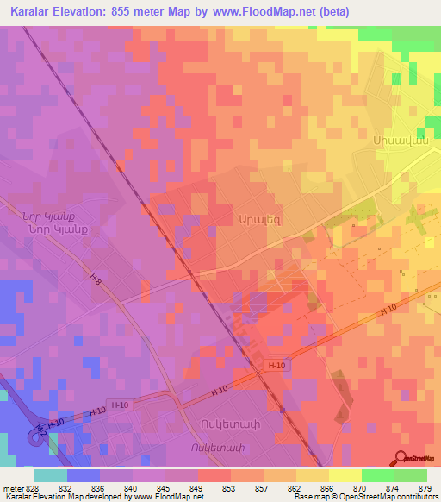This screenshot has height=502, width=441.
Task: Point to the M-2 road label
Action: tap(41, 429)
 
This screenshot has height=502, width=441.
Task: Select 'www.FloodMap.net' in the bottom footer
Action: tap(166, 497)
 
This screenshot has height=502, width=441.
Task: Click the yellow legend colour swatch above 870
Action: tap(345, 475)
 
